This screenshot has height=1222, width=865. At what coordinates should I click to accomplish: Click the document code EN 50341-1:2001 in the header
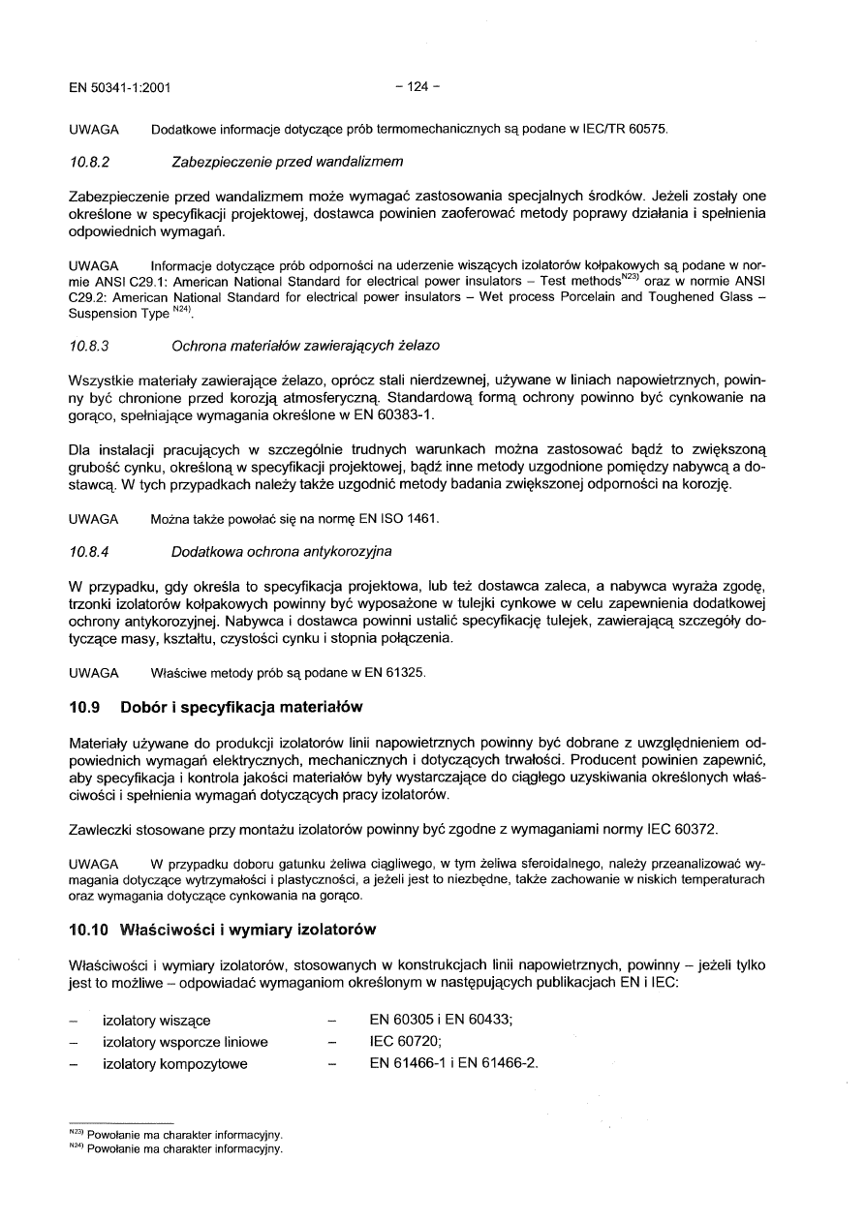tap(120, 86)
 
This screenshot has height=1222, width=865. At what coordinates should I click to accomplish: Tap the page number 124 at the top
tap(417, 86)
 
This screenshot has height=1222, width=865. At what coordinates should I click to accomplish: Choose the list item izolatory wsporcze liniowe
tap(185, 1042)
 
